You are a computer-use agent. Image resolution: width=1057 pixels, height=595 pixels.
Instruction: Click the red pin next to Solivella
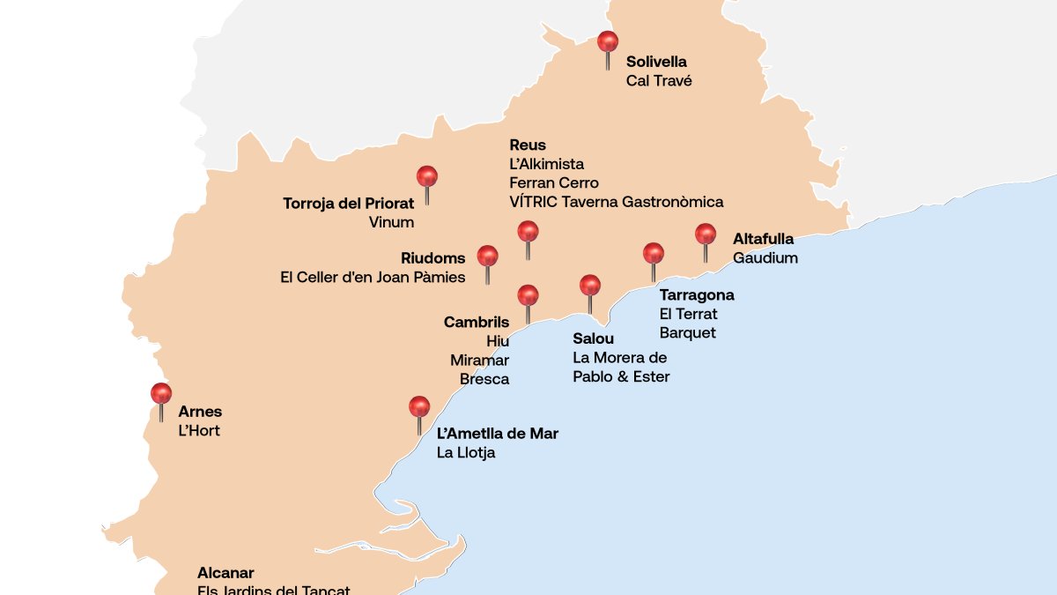[x=608, y=42]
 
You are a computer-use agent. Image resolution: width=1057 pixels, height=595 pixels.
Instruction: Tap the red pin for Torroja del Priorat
[x=427, y=177]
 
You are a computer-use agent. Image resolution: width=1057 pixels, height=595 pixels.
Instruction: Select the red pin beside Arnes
[x=161, y=394]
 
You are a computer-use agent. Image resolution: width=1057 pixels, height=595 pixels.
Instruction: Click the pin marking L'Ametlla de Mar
[x=419, y=407]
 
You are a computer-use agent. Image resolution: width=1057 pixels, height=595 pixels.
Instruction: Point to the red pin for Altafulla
[x=706, y=234]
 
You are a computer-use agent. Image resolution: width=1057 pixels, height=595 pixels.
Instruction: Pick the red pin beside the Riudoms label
[x=487, y=257]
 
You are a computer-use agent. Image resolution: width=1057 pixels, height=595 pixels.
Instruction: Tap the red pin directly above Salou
[x=590, y=286]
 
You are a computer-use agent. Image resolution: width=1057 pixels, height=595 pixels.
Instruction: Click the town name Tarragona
[x=696, y=295]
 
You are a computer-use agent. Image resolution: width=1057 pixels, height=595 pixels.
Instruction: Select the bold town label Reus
[x=528, y=145]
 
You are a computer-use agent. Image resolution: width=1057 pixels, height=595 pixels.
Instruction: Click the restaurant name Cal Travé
[x=659, y=81]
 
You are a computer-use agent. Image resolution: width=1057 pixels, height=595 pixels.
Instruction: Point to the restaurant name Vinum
[x=391, y=223]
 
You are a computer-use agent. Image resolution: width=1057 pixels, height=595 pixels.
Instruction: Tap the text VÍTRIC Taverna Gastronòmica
[x=616, y=202]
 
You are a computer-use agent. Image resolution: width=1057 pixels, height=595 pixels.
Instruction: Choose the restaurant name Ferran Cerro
[x=553, y=183]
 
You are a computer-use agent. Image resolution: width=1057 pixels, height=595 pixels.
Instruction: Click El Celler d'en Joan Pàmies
[x=373, y=278]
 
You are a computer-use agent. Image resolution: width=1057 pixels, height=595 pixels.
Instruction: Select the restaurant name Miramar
[x=479, y=361]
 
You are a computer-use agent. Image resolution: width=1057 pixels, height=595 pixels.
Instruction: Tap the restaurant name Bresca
[x=484, y=380]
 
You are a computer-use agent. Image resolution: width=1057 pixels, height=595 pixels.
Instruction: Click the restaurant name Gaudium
[x=765, y=258]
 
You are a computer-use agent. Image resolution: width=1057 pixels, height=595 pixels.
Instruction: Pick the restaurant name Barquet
[x=687, y=333]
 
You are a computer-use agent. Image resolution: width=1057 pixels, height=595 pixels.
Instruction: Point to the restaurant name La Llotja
[x=466, y=453]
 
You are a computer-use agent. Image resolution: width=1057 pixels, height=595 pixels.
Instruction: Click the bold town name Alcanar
[x=225, y=573]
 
